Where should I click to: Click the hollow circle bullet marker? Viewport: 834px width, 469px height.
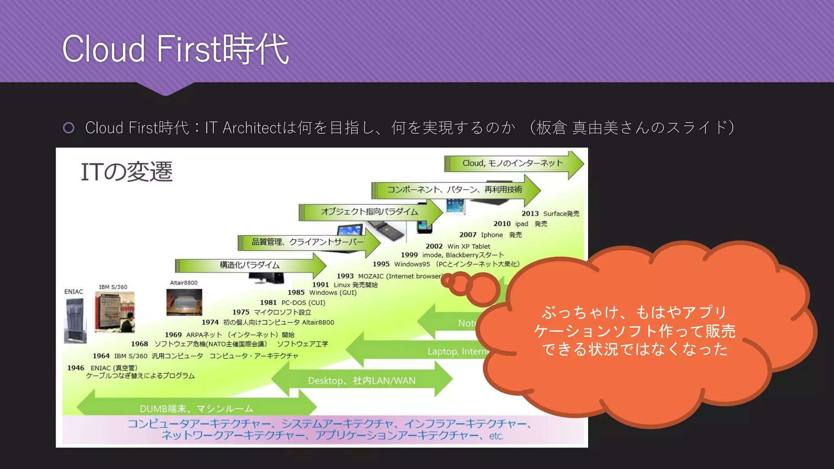click(69, 128)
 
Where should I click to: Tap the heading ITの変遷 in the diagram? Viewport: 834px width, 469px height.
click(127, 172)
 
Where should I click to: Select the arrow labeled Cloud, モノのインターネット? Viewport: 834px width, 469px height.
click(513, 164)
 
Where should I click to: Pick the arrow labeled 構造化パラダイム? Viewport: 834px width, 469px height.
click(249, 265)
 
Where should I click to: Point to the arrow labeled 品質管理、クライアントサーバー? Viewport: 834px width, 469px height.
click(307, 242)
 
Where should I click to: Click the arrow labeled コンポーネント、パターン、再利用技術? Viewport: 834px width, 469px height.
click(454, 190)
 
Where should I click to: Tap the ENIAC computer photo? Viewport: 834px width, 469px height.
click(75, 320)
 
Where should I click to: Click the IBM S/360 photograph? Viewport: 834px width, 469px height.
click(114, 312)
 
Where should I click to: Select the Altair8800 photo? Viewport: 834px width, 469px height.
click(184, 302)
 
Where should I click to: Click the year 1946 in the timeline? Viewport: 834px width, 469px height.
click(76, 368)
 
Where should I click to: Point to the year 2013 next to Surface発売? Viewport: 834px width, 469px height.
click(530, 214)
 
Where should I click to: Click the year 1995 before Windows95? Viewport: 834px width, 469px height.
click(381, 264)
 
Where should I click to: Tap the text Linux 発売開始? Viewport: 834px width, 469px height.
click(356, 285)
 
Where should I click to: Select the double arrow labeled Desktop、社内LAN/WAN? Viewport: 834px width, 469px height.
click(362, 381)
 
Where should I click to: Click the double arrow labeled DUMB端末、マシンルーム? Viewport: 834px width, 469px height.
click(196, 408)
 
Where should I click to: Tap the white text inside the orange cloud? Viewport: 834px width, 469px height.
click(634, 331)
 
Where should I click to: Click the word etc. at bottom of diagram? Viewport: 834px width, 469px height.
click(496, 436)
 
